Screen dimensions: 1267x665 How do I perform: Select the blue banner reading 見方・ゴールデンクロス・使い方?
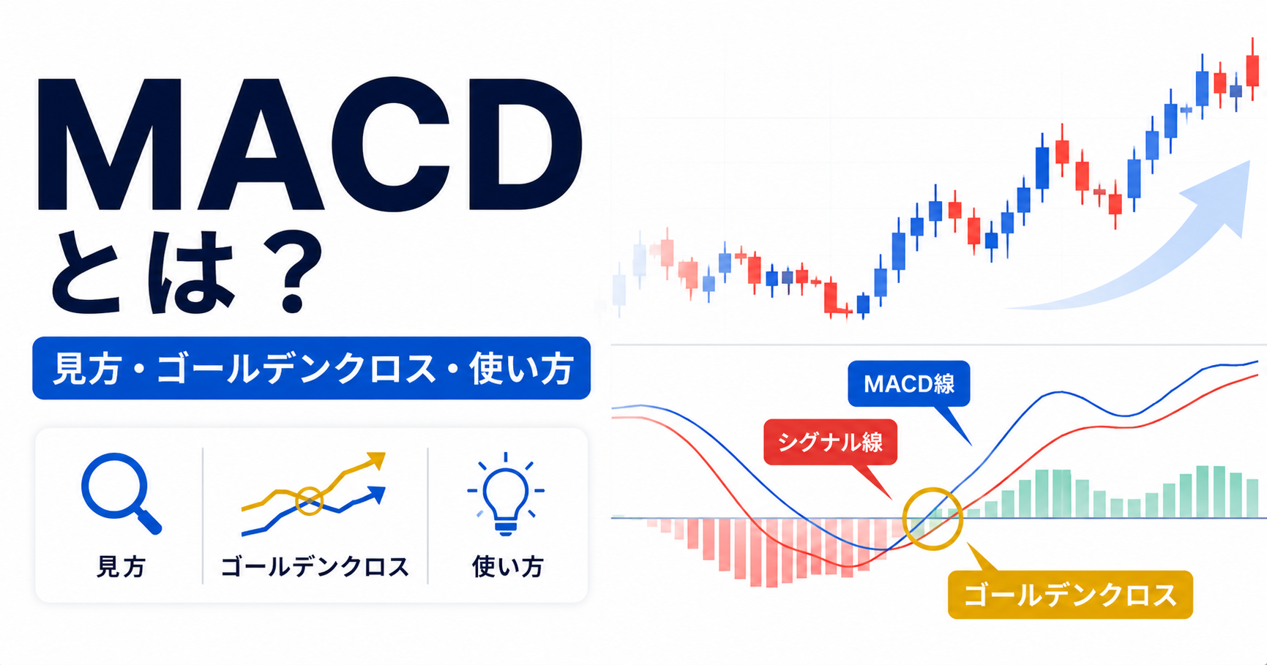coord(311,368)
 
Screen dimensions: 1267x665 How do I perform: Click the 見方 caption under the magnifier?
coord(121,567)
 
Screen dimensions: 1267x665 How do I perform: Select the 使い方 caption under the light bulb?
coord(507,567)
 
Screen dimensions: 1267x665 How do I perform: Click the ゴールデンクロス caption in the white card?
coord(315,567)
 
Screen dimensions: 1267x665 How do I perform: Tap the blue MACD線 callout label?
coord(908,383)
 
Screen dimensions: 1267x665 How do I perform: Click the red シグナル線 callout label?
coord(830,442)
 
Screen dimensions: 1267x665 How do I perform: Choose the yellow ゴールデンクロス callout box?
coord(1070,595)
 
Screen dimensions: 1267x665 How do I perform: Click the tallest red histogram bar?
coord(771,552)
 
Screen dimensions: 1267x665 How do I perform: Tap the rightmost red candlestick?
coord(1253,69)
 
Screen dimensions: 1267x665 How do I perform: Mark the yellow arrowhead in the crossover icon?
coord(376,460)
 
